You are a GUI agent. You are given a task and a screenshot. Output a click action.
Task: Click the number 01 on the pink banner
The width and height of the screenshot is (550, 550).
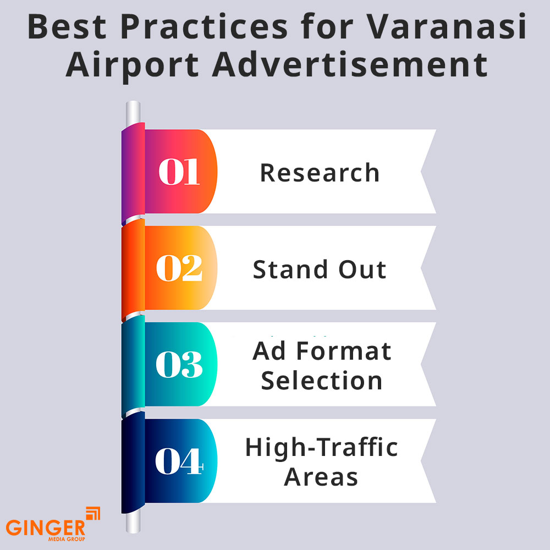tap(179, 171)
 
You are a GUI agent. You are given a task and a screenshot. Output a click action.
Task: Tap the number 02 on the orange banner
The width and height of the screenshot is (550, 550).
tap(179, 268)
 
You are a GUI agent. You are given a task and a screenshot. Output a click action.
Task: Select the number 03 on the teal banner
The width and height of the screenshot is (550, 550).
tap(179, 365)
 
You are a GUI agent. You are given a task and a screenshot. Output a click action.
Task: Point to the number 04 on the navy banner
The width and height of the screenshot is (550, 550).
tap(179, 461)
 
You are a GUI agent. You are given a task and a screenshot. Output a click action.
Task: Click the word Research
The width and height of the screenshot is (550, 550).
tap(320, 173)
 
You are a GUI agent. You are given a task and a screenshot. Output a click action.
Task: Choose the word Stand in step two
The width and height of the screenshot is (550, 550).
tap(290, 269)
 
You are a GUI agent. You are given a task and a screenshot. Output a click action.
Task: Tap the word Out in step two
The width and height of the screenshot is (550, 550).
tap(362, 269)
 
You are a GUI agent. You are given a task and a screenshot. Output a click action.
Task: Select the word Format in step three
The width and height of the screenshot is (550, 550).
tap(344, 351)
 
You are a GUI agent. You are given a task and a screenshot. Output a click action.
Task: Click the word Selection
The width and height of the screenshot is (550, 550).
tap(322, 380)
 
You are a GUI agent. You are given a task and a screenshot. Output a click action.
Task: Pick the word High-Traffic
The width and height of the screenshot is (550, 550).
tap(322, 448)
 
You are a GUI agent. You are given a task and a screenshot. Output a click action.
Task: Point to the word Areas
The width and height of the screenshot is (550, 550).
tap(321, 477)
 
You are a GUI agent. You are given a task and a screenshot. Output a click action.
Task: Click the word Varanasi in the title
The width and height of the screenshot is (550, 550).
tap(446, 26)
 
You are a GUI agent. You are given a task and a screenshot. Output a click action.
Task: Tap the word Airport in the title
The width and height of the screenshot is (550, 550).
tap(132, 65)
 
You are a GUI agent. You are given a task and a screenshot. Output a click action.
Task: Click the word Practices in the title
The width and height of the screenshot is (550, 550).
tap(204, 26)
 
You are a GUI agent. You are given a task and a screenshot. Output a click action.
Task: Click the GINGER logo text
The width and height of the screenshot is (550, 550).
tap(46, 527)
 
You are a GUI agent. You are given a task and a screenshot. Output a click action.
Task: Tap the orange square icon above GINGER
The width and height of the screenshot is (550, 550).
tap(93, 513)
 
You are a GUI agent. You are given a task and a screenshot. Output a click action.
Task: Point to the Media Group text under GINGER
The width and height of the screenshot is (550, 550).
tap(67, 539)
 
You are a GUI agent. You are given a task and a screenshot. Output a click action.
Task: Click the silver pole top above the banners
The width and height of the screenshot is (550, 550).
tap(133, 112)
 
